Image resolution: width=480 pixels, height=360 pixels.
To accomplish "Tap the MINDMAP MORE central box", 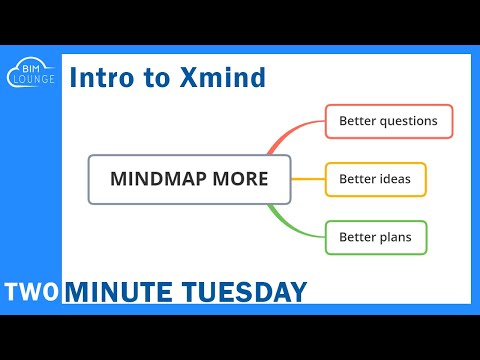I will (x=189, y=180).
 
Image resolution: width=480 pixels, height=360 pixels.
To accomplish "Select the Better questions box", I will (x=388, y=121).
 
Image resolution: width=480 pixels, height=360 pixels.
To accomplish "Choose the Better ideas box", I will (x=375, y=180).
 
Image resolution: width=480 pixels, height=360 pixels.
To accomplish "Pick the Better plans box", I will (x=375, y=238).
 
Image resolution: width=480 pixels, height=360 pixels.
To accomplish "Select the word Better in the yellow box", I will (x=357, y=180).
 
